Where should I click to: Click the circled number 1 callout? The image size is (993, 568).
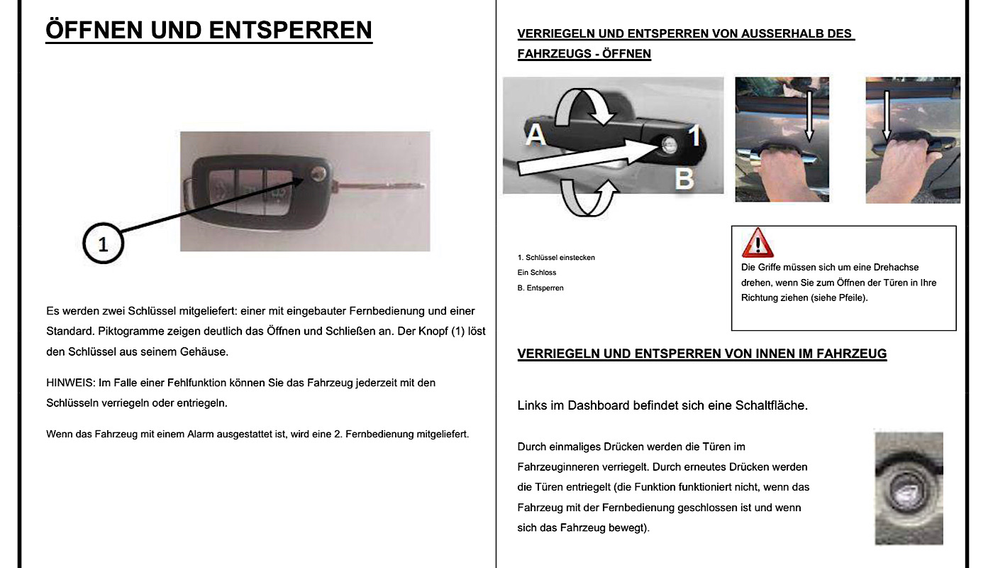103,244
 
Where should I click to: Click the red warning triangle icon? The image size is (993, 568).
757,243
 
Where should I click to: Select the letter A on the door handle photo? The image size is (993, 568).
535,134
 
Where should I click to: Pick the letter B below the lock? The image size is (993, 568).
684,178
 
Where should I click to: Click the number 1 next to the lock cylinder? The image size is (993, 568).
696,135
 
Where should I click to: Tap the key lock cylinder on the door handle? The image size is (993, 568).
667,144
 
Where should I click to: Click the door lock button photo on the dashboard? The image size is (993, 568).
909,488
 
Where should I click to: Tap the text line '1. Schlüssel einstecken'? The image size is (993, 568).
556,257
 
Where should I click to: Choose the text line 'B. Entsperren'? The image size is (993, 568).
540,288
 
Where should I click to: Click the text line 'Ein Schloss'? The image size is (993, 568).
537,273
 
